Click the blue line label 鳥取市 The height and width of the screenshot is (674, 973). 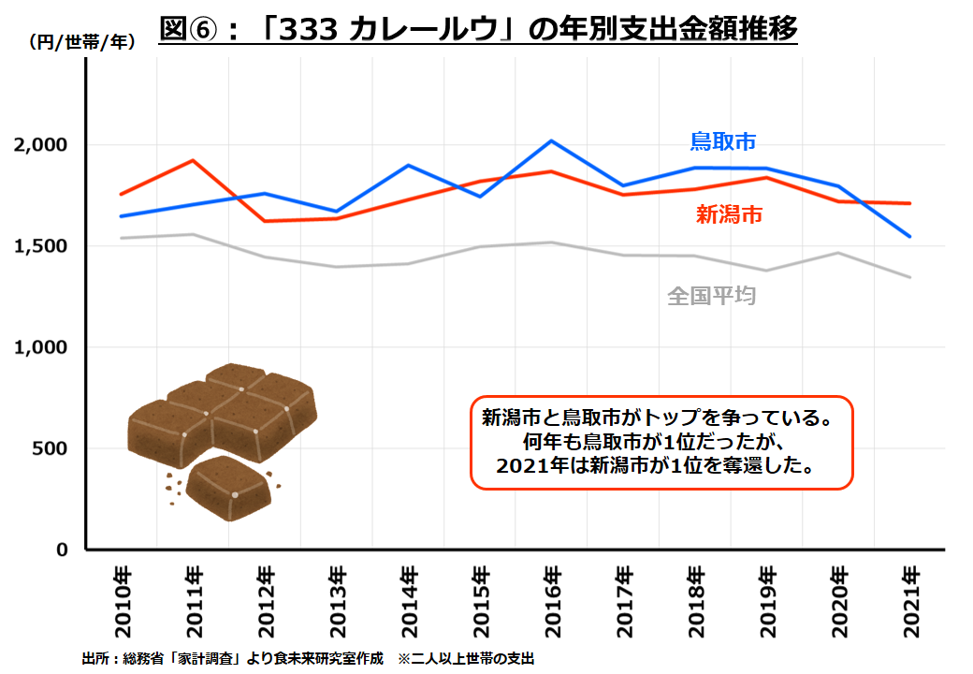(722, 141)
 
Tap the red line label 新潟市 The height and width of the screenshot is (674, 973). (729, 214)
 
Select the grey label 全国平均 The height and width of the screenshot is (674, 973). (711, 296)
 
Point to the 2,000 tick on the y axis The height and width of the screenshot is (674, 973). (42, 145)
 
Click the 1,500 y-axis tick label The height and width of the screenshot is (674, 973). (42, 246)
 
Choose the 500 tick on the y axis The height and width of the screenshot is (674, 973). (51, 448)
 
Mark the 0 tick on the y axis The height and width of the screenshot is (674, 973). (63, 549)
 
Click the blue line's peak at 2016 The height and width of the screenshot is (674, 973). (552, 141)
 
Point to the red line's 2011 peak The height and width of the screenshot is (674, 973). (193, 160)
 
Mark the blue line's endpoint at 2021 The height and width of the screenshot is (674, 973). (910, 237)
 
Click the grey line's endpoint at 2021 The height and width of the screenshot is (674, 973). (910, 277)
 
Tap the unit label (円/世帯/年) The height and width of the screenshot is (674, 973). (82, 41)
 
